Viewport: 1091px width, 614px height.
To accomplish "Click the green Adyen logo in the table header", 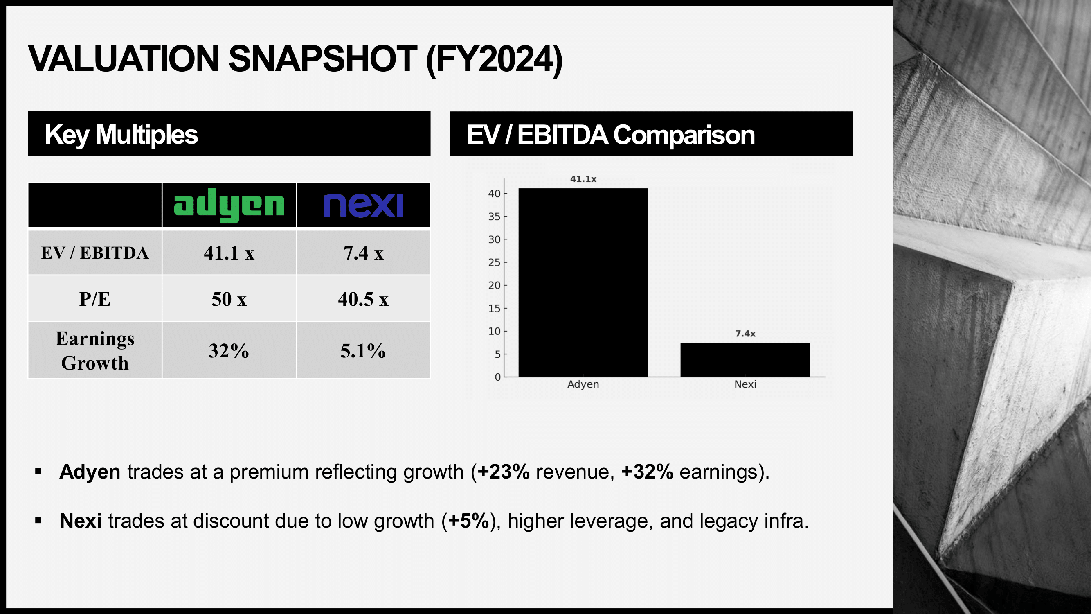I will tap(229, 205).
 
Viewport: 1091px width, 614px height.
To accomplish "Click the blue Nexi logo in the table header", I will tap(363, 205).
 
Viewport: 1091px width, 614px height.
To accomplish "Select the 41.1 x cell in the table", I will tap(229, 253).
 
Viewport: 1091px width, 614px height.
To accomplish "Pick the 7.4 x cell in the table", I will tap(363, 253).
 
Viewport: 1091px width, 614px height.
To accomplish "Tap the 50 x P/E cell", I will tap(229, 299).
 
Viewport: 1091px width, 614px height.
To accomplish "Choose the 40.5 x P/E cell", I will tap(363, 299).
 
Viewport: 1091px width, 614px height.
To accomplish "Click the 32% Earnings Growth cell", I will tap(229, 350).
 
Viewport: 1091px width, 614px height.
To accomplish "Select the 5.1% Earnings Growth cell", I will tap(363, 350).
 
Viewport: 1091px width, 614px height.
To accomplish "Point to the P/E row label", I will tap(95, 299).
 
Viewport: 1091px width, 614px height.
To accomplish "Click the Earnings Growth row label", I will tap(95, 350).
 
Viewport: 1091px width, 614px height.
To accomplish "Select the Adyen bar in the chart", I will tap(583, 282).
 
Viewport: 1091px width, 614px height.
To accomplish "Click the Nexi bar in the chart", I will tap(745, 360).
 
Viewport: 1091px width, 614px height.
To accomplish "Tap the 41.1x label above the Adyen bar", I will tap(583, 179).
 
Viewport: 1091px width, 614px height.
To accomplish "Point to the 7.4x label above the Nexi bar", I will tap(745, 334).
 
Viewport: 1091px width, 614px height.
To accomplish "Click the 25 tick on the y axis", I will tap(494, 263).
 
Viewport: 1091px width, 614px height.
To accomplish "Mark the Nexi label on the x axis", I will tap(745, 384).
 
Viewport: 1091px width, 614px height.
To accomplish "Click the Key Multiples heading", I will tap(121, 134).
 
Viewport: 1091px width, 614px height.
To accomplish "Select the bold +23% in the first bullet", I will tap(503, 472).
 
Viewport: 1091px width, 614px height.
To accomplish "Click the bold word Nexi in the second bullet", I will tap(81, 521).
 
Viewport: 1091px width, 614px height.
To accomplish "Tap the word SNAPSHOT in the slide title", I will tap(323, 59).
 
